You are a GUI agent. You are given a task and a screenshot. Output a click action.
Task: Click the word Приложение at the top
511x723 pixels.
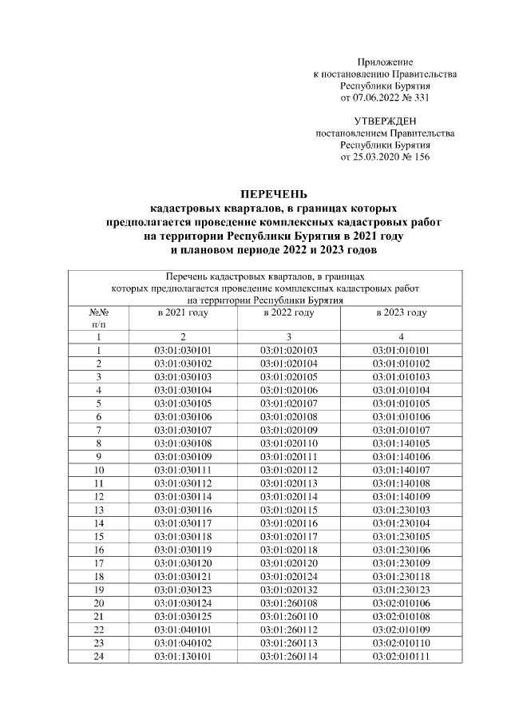click(x=385, y=62)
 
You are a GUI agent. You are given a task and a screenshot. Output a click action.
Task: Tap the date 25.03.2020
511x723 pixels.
click(x=378, y=157)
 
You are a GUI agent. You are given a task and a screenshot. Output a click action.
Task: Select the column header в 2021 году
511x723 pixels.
click(x=183, y=312)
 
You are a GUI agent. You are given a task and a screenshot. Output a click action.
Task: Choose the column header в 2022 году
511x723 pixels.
click(x=289, y=312)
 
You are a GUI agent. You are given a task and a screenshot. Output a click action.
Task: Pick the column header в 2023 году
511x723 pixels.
click(x=401, y=312)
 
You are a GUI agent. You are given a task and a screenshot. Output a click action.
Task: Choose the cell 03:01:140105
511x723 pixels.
click(x=401, y=443)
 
